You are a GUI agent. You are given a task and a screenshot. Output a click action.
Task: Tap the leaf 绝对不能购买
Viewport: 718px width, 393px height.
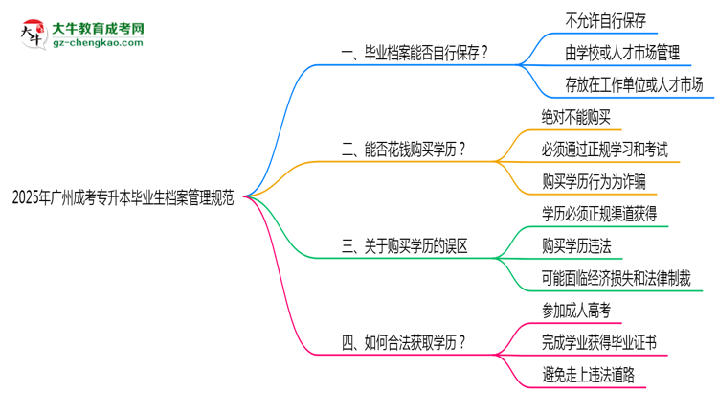click(x=575, y=117)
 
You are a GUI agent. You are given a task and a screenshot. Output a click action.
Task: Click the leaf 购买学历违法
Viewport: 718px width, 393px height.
click(x=576, y=245)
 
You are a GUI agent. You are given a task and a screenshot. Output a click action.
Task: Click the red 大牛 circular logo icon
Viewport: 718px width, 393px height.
click(x=31, y=34)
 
